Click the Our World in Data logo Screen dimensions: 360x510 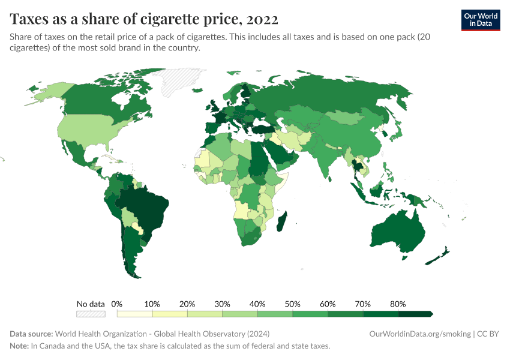click(x=480, y=19)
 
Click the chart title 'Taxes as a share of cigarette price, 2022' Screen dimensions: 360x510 click(x=144, y=19)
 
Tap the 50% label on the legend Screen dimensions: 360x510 click(x=293, y=304)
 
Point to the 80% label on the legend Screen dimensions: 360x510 click(x=398, y=304)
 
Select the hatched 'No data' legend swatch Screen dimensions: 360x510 click(x=91, y=314)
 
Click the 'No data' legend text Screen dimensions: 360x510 click(x=91, y=304)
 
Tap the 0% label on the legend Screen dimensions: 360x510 click(x=117, y=304)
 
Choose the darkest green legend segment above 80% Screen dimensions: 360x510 click(x=415, y=314)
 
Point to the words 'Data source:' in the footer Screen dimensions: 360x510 click(x=31, y=334)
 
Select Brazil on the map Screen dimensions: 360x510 click(x=147, y=204)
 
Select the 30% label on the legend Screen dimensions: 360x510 click(x=223, y=304)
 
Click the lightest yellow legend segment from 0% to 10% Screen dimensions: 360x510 click(x=134, y=314)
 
